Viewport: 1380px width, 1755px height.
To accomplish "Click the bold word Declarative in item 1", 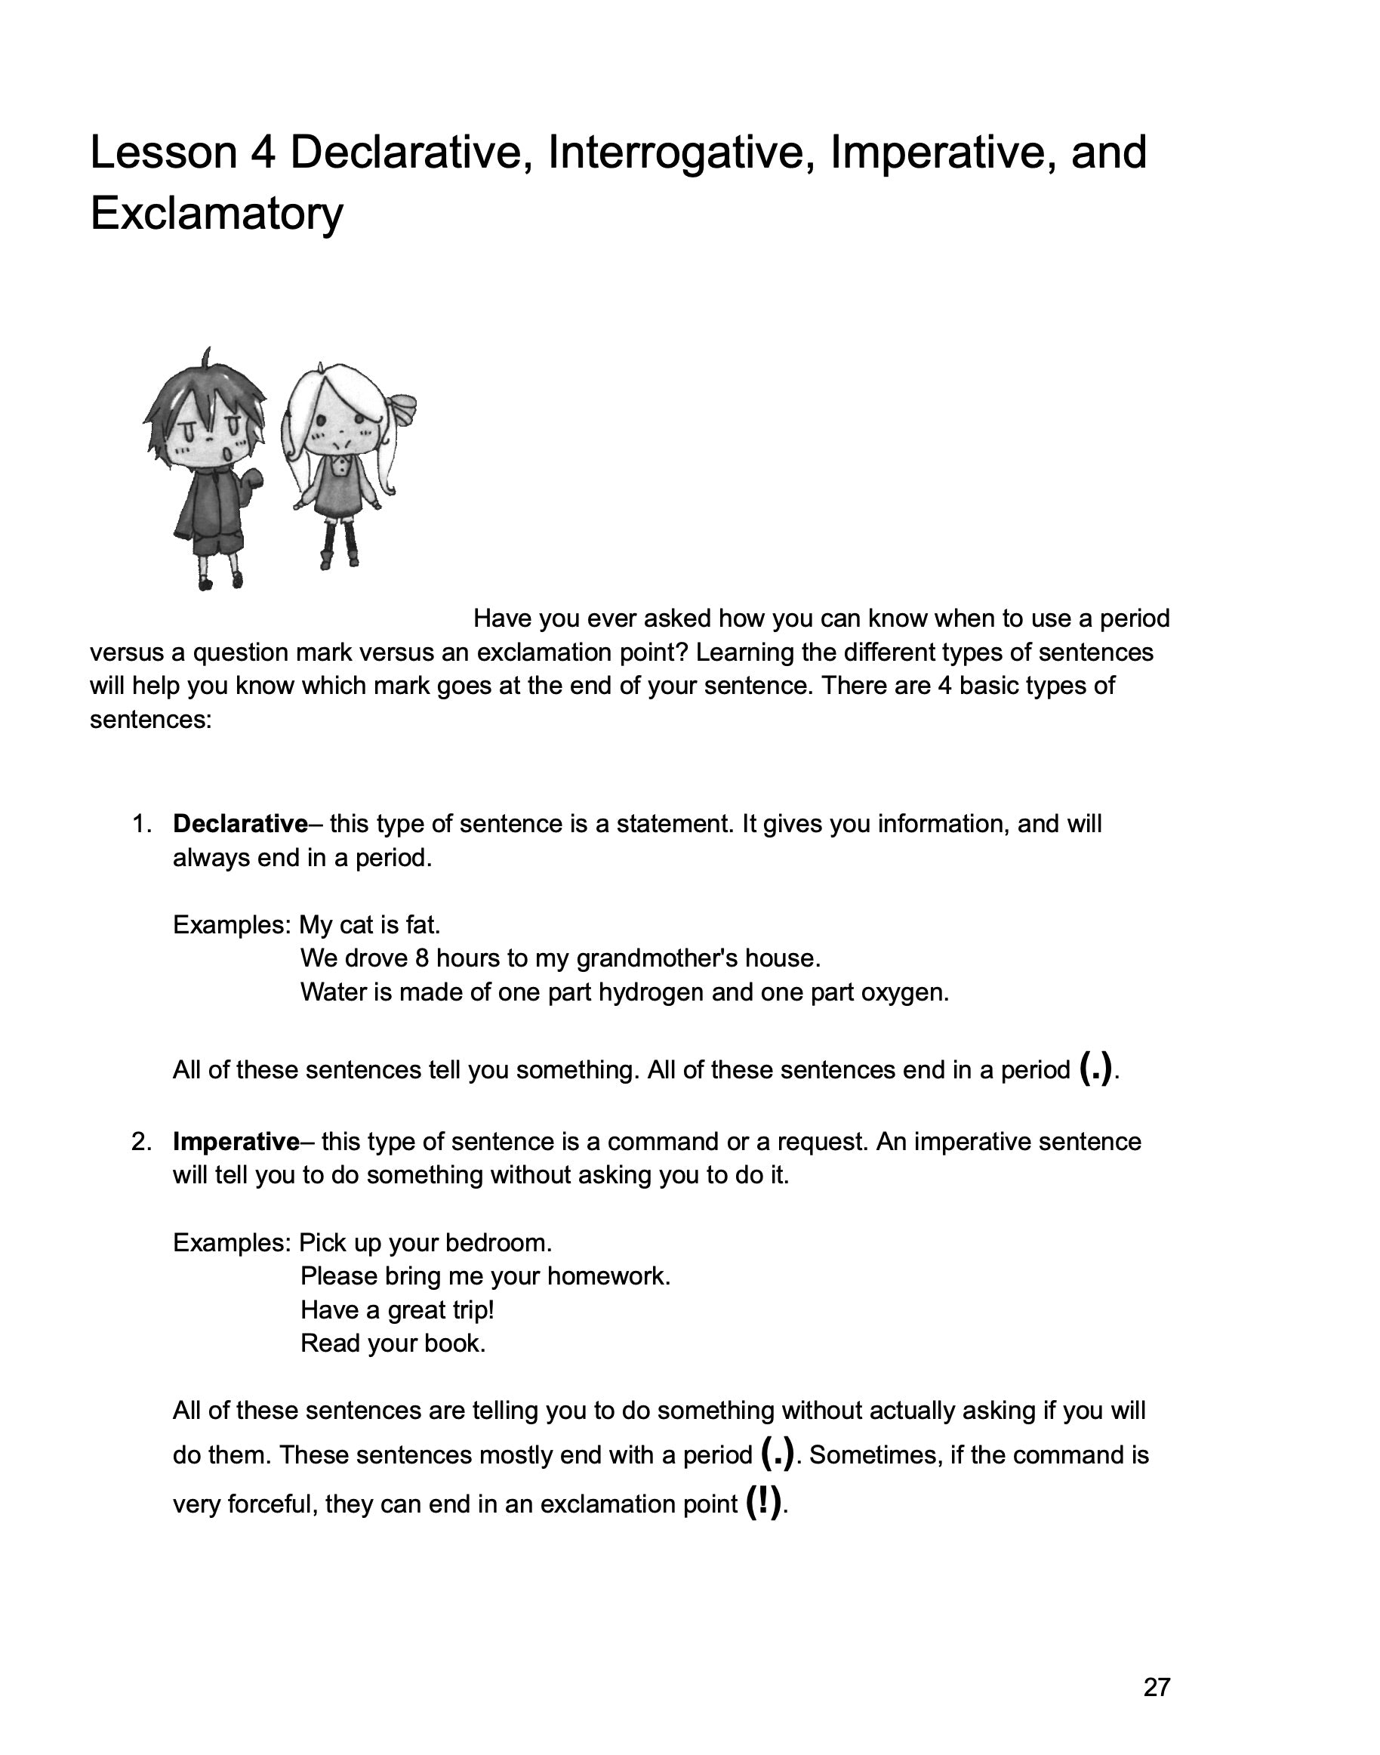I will (240, 824).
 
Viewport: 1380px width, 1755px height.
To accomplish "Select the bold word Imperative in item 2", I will (236, 1142).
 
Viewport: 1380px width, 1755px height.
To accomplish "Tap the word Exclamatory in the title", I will (217, 213).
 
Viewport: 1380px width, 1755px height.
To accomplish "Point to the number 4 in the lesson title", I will (263, 152).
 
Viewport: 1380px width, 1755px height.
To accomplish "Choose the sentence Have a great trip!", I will (396, 1309).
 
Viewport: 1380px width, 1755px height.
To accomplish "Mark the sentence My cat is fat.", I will (369, 924).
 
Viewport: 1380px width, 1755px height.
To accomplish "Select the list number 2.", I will (140, 1142).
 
